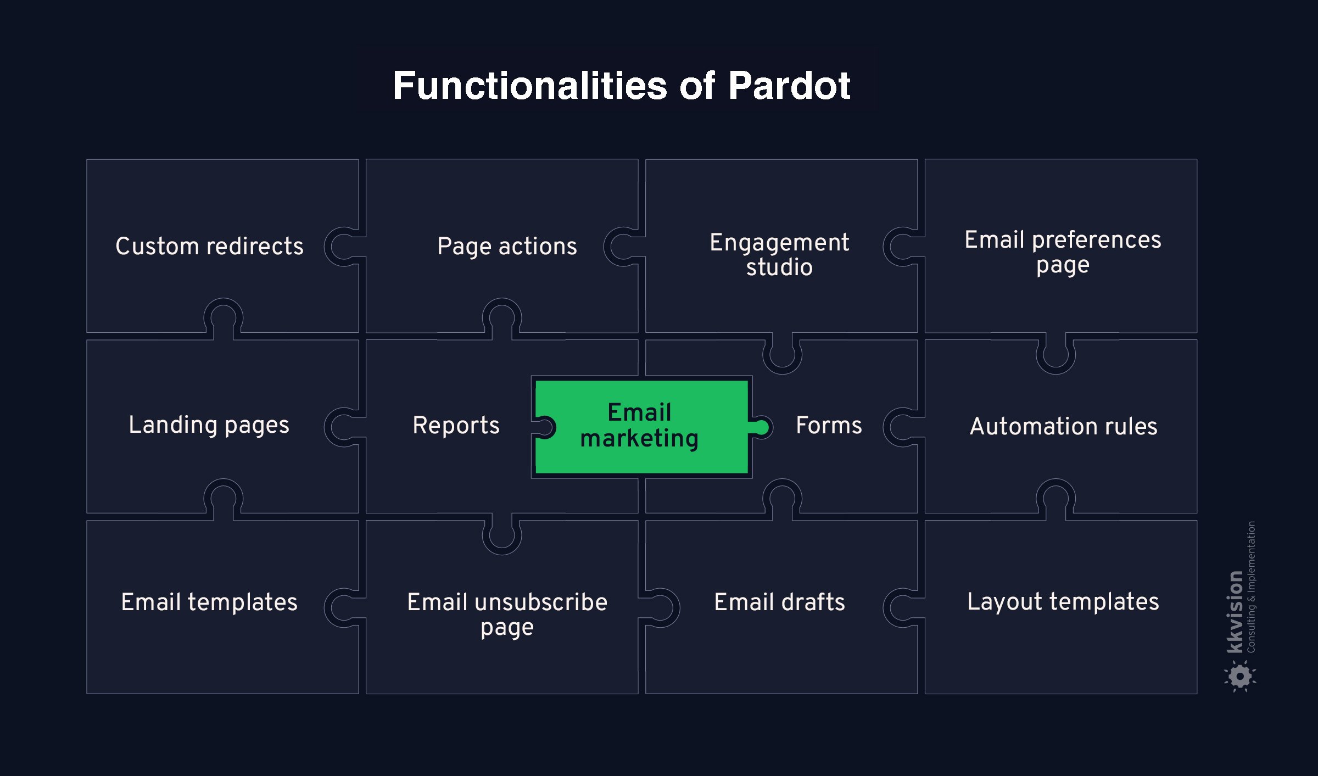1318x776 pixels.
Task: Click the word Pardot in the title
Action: click(x=789, y=86)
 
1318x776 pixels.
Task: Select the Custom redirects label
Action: click(x=209, y=246)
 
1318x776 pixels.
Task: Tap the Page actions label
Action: click(x=507, y=246)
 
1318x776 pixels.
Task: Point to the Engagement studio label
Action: click(x=779, y=254)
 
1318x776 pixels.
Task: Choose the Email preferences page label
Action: click(x=1063, y=252)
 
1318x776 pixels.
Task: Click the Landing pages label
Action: click(x=209, y=425)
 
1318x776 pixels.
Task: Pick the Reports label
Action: click(x=456, y=426)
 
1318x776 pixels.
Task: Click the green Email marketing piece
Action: click(x=640, y=426)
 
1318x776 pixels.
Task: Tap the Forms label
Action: click(x=829, y=426)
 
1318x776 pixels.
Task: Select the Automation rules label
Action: click(x=1063, y=426)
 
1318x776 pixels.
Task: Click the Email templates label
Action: click(x=209, y=602)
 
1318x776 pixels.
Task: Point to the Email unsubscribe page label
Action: click(x=507, y=614)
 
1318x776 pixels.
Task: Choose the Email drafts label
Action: click(x=779, y=602)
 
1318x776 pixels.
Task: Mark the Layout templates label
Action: click(x=1063, y=602)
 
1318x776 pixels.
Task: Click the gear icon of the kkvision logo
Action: click(x=1240, y=676)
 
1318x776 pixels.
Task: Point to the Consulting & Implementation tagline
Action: click(x=1251, y=587)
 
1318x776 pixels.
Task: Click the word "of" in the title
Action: click(x=697, y=86)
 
